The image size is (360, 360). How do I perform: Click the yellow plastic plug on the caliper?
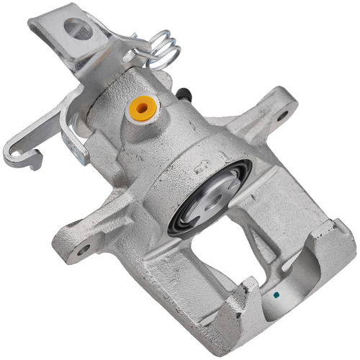click(x=141, y=108)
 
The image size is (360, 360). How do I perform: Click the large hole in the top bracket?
click(x=78, y=30)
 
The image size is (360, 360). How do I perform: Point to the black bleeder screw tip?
click(x=186, y=94)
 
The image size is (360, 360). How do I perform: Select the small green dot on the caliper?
click(x=276, y=295)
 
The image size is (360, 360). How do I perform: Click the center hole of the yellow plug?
click(x=141, y=108)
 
